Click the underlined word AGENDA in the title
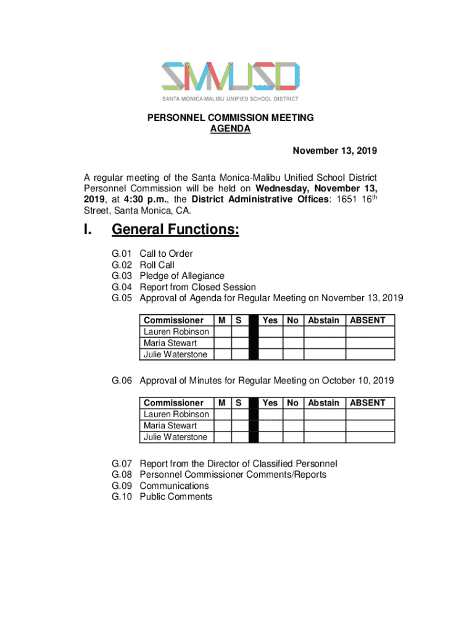tap(230, 129)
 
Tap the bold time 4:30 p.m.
tap(144, 199)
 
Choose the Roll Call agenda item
tap(157, 265)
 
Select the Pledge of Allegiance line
tap(182, 276)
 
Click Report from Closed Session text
tap(197, 287)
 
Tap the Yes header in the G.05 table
tap(270, 320)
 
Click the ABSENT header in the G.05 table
tap(368, 320)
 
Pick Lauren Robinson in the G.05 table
tap(176, 332)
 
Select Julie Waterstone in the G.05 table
tap(175, 355)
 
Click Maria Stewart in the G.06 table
tap(170, 426)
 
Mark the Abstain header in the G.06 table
tap(324, 403)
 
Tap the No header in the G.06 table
tap(293, 403)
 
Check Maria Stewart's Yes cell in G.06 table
tap(270, 426)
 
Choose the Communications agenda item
tap(174, 486)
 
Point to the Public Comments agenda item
tap(176, 497)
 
